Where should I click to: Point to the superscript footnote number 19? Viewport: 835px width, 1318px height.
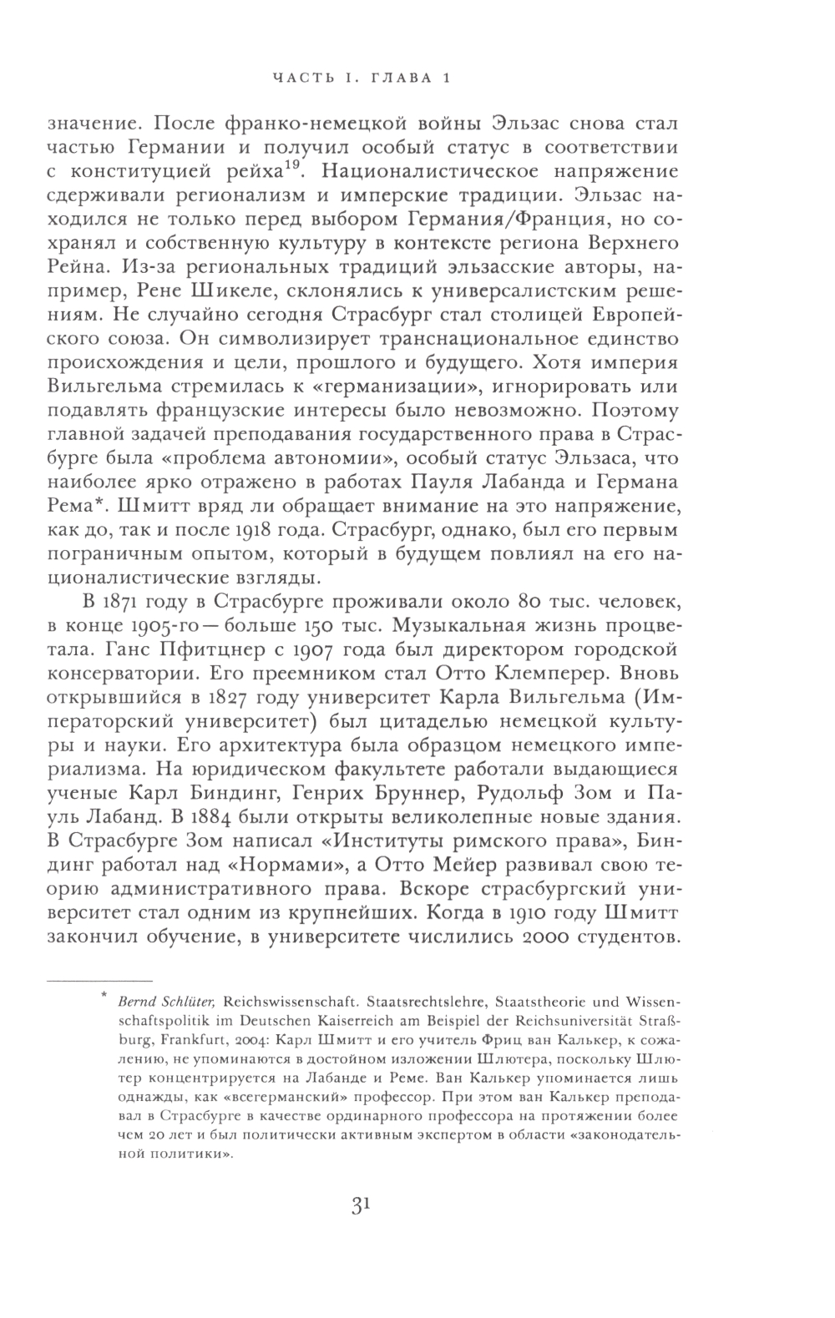point(292,165)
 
